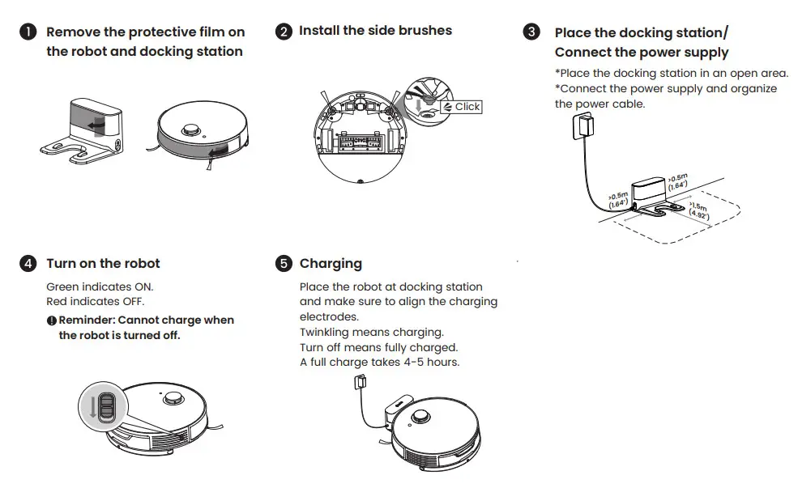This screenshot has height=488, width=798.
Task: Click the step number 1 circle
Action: (x=28, y=32)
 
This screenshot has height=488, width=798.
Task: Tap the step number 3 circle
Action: (x=531, y=32)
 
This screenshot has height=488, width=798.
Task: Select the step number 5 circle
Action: (x=283, y=264)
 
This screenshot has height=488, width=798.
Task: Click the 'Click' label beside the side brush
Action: (x=467, y=107)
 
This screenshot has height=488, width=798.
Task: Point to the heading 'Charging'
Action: (x=331, y=264)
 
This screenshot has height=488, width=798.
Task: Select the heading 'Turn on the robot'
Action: (x=103, y=264)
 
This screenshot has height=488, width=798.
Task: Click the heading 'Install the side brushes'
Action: (x=375, y=31)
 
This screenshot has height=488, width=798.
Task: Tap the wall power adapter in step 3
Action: (x=583, y=126)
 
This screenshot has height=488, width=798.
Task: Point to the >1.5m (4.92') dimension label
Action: (x=698, y=212)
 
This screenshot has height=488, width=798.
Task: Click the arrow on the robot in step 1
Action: (x=216, y=151)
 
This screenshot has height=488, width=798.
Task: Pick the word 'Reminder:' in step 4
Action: (x=86, y=320)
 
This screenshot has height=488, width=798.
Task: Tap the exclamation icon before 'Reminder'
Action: (x=51, y=320)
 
